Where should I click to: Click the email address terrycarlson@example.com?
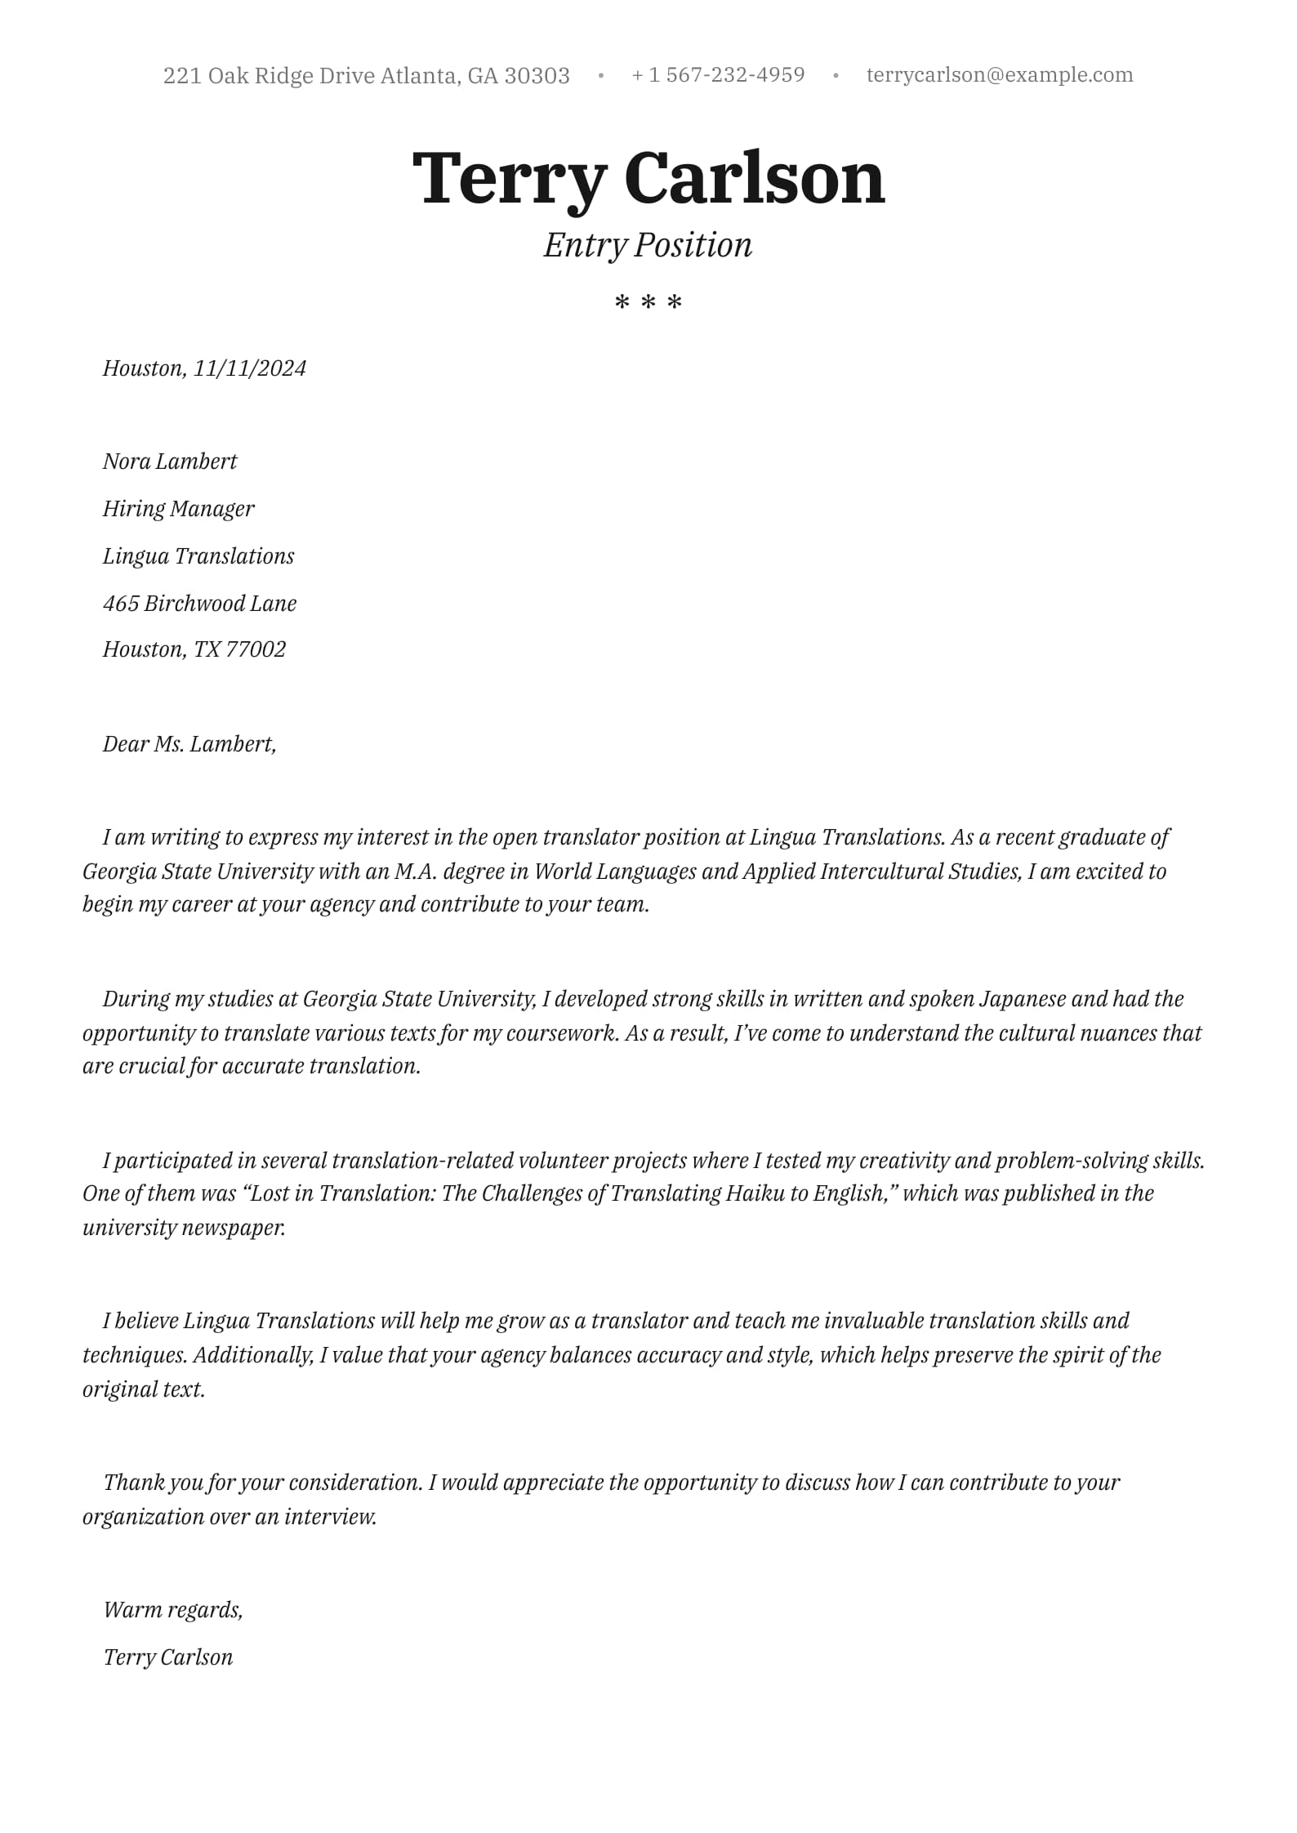click(999, 75)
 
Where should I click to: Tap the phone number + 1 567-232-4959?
click(718, 75)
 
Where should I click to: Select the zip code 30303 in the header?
click(537, 76)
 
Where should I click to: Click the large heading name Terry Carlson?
click(648, 178)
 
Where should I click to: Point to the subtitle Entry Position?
click(648, 245)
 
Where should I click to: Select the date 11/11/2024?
click(249, 368)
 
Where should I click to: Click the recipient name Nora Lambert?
click(170, 462)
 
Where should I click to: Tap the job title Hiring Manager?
click(178, 509)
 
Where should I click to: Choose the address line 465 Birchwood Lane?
click(199, 604)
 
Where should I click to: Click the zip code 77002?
click(256, 649)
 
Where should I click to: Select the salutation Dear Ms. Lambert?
click(189, 744)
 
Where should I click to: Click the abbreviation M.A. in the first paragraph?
click(415, 872)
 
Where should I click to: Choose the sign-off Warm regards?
click(172, 1610)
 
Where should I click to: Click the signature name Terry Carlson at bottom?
click(168, 1657)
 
